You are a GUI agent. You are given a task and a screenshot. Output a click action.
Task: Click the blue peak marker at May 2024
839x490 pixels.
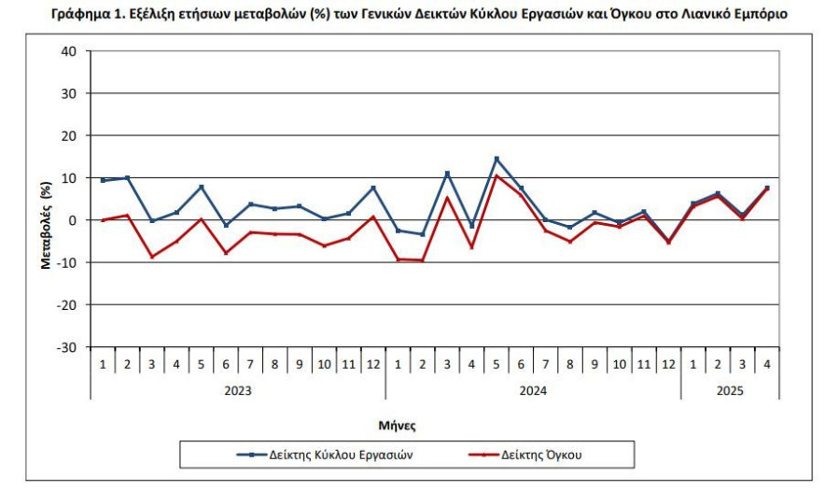coord(496,159)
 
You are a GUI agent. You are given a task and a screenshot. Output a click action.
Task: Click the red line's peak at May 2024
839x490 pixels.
coord(496,175)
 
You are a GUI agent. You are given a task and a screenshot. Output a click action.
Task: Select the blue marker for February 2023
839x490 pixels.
coord(127,177)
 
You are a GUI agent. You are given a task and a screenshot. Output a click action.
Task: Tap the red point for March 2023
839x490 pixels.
coord(152,257)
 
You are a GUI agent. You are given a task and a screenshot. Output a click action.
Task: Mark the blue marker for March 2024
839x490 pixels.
coord(447,174)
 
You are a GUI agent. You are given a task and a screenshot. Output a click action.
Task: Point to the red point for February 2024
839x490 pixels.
coord(423,260)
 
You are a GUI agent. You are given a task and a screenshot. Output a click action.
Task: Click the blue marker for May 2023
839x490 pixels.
coord(202,187)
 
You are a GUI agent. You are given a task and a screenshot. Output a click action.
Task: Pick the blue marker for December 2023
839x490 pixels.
coord(373,188)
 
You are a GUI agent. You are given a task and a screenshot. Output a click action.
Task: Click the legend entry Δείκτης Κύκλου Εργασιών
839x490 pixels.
coord(325,455)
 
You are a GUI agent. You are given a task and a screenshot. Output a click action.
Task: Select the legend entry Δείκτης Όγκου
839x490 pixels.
coord(525,455)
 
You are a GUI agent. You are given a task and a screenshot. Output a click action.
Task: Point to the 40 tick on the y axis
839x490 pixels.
coord(69,51)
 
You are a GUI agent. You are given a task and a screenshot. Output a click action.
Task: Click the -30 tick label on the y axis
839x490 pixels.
coord(66,347)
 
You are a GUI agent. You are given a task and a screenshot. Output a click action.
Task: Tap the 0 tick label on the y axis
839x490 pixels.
coord(73,220)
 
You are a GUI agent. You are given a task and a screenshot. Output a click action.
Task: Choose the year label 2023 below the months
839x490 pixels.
coord(238,390)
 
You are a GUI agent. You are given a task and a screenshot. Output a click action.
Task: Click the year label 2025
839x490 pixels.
coord(730,390)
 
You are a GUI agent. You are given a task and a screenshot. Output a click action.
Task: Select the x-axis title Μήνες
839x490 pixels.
coord(397,426)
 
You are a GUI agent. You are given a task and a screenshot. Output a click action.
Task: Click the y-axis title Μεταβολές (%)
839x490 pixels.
coord(46,225)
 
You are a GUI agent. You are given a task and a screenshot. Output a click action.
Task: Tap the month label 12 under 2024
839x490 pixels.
coord(669,364)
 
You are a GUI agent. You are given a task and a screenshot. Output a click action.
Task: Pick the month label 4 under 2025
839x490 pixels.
coord(767,364)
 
